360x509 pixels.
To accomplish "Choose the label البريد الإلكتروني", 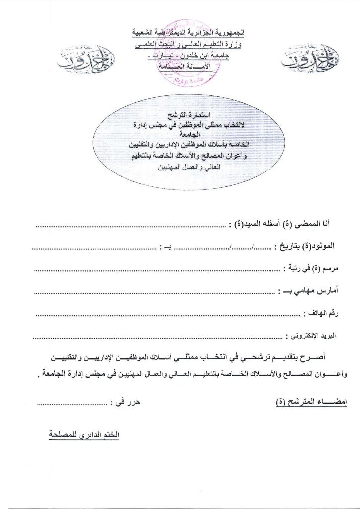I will click(x=311, y=337).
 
